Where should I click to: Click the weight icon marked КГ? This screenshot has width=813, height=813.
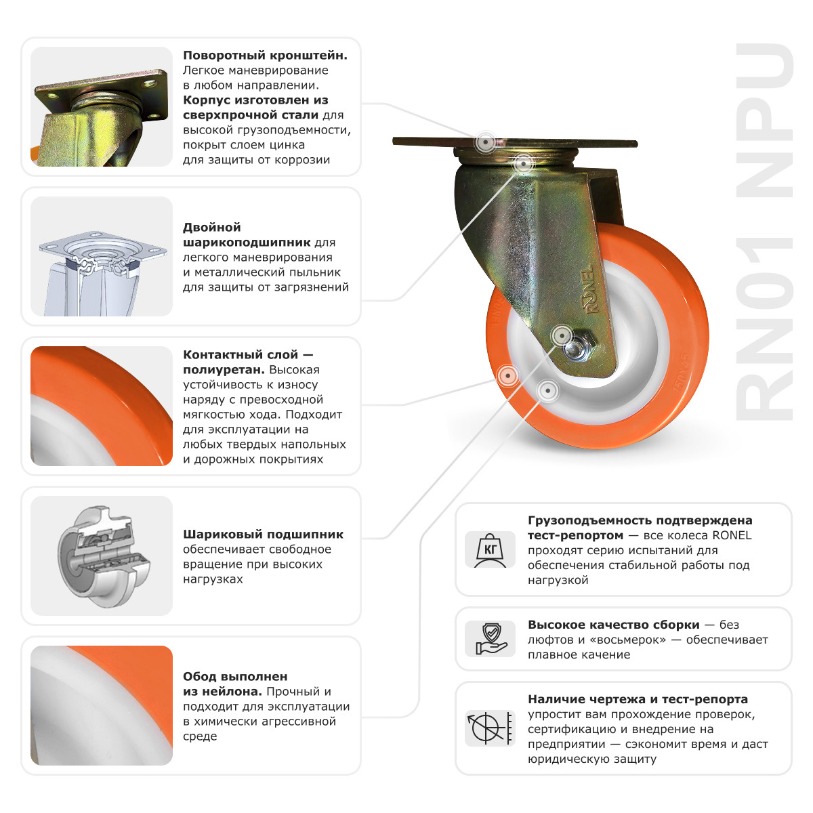[x=491, y=549]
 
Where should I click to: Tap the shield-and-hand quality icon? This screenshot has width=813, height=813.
[x=491, y=639]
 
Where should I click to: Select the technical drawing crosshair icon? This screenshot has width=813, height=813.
[x=491, y=728]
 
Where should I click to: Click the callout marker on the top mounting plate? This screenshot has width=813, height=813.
[x=484, y=143]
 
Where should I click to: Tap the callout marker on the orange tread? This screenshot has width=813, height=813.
[x=506, y=375]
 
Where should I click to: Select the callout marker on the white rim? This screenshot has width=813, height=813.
[x=547, y=390]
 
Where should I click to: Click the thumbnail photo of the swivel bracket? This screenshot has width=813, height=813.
[x=102, y=106]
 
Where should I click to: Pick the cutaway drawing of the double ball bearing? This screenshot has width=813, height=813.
[x=102, y=256]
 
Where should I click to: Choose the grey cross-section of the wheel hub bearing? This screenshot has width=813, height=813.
[x=102, y=556]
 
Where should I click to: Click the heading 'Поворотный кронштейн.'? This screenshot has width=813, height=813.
[x=265, y=56]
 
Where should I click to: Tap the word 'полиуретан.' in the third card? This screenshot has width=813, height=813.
[x=224, y=370]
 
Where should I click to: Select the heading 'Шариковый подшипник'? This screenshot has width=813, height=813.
[x=263, y=535]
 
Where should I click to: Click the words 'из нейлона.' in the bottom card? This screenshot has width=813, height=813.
[x=222, y=692]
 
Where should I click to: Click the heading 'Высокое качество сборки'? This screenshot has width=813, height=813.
[x=613, y=625]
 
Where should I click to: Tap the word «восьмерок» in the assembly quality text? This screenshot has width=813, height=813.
[x=631, y=640]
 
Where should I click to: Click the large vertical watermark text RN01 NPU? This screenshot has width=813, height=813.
[x=764, y=230]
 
